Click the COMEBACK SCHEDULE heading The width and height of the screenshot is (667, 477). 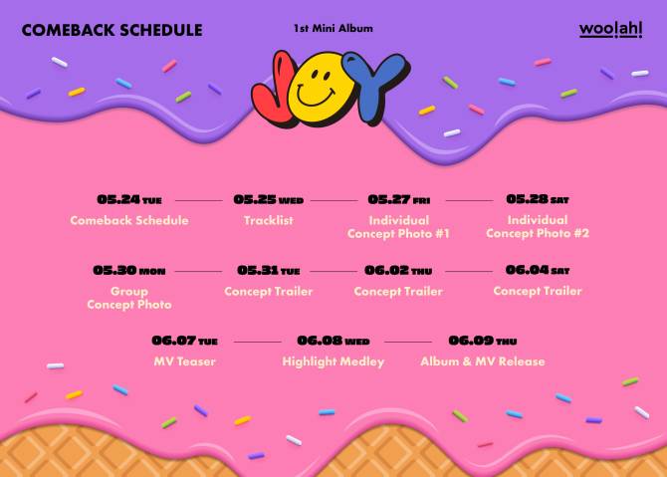[x=111, y=30]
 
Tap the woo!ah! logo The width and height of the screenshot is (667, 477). [x=610, y=29]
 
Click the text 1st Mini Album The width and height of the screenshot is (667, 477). [x=333, y=29]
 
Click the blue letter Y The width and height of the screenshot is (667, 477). [x=374, y=85]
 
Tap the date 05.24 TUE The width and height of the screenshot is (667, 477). [x=129, y=199]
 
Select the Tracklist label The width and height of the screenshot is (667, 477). [x=269, y=220]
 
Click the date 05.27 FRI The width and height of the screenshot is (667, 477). [x=398, y=199]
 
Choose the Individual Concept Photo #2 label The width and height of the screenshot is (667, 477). [x=538, y=226]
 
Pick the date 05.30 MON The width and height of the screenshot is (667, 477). [x=128, y=271]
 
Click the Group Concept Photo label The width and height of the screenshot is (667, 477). [x=129, y=298]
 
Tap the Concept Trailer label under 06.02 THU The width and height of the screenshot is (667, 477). [x=398, y=292]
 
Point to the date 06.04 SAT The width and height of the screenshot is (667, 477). [x=538, y=270]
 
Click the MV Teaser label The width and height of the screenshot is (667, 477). [x=184, y=361]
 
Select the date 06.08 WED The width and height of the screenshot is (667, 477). [x=333, y=341]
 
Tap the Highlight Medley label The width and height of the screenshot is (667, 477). [x=333, y=361]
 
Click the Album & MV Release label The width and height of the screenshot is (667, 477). [x=483, y=361]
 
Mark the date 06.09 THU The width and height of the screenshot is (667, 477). [x=483, y=341]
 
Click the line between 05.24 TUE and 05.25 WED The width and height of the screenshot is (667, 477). [x=199, y=200]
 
